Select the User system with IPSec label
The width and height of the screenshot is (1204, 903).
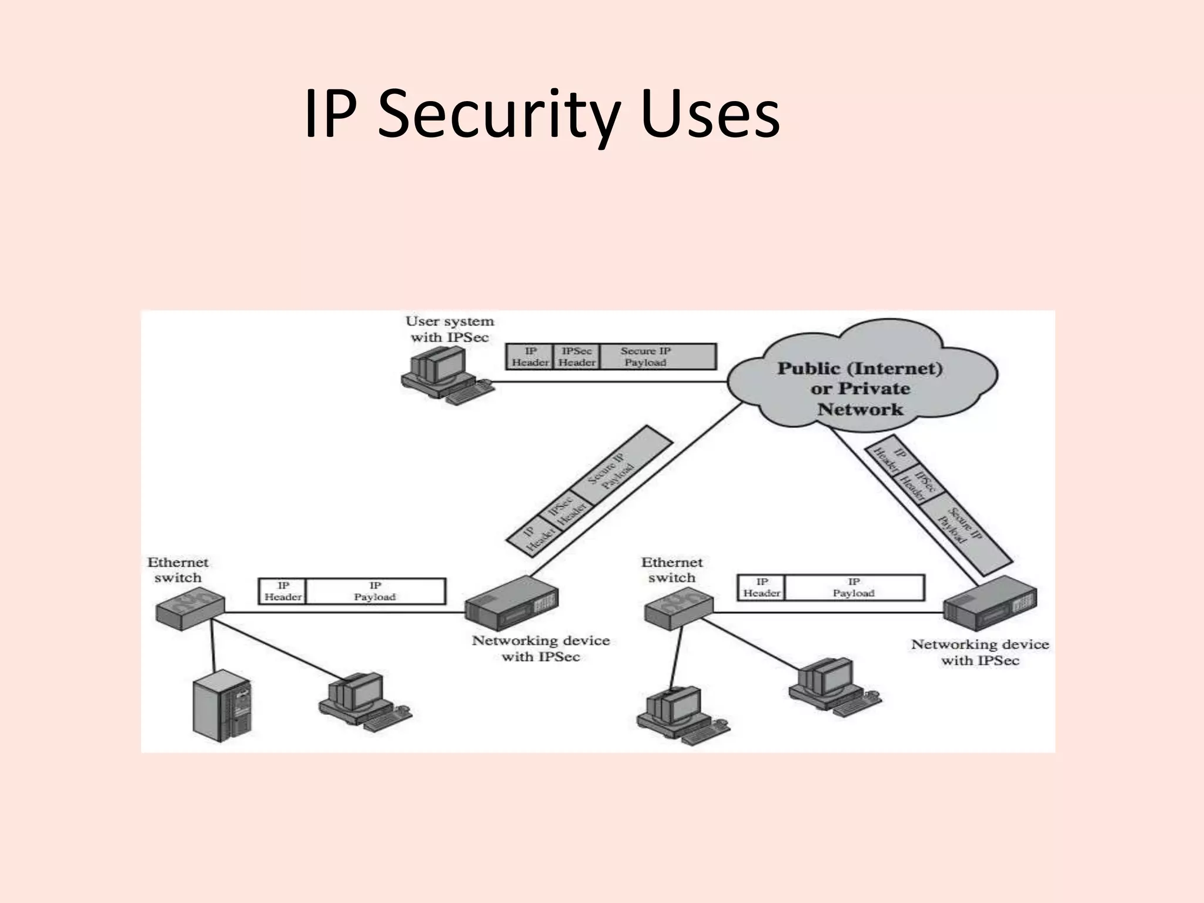coord(450,329)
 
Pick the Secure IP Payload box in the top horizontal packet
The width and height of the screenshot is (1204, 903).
coord(657,356)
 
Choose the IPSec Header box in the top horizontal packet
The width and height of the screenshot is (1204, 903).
coord(576,356)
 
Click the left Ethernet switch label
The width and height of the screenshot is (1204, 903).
coord(177,570)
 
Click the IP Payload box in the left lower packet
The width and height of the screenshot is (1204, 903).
coord(375,591)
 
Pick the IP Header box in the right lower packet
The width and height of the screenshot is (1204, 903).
coord(761,587)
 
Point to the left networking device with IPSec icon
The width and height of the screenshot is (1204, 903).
coord(511,603)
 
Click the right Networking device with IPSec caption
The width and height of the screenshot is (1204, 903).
coord(979,652)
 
